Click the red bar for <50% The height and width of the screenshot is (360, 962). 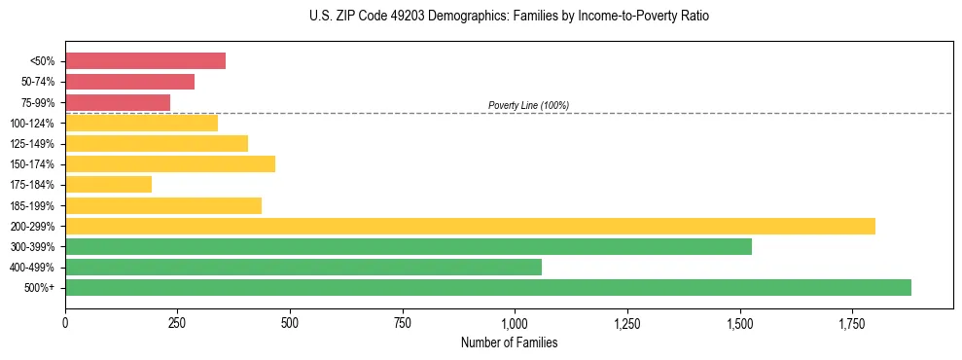145,61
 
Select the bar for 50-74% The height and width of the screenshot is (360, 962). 129,82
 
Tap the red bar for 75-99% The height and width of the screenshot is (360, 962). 118,102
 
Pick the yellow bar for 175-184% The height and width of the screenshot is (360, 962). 108,185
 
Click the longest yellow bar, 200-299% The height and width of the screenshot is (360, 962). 470,227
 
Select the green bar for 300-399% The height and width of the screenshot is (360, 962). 409,247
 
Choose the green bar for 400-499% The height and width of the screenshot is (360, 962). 303,268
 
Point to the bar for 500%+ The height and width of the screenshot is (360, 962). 488,288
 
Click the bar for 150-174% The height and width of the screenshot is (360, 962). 170,164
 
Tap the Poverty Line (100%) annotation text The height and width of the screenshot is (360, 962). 528,105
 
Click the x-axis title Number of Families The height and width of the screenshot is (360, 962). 509,342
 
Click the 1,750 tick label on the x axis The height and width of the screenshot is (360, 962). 852,321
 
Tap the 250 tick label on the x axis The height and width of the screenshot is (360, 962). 177,321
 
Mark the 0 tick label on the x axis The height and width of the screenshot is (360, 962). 65,321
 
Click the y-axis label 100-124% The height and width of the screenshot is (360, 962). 32,124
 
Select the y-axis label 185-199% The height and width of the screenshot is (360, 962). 32,206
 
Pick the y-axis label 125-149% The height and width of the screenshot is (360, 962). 32,144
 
